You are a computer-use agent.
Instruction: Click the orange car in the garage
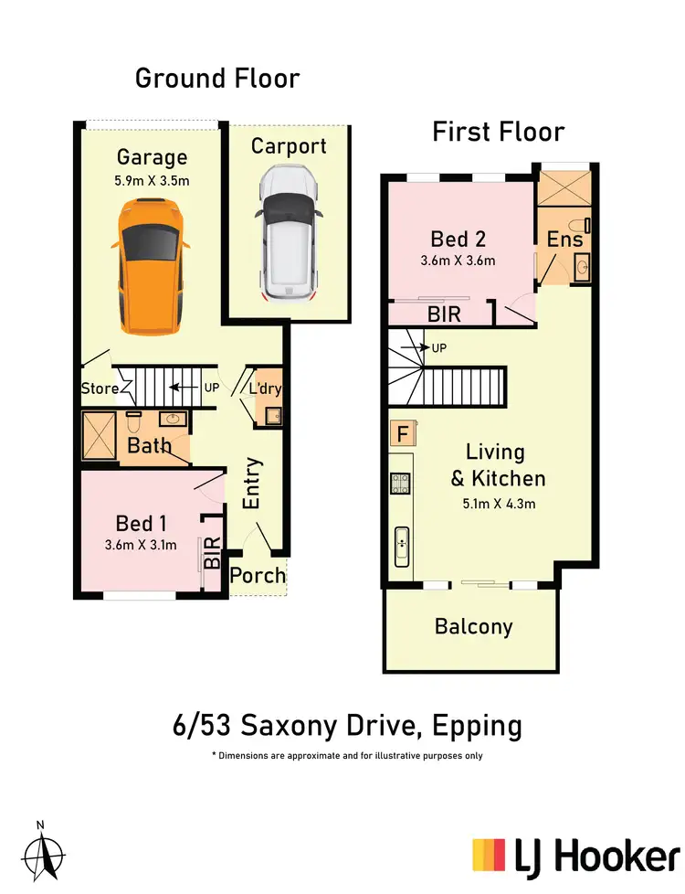pos(151,269)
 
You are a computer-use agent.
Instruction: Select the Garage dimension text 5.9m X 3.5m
pos(151,180)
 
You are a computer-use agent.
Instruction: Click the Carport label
pos(289,146)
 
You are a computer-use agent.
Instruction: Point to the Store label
pos(100,388)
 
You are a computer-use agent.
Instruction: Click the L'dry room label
pos(264,388)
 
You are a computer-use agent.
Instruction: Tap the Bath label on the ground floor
pos(150,447)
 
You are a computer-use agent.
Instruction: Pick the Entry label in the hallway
pos(252,484)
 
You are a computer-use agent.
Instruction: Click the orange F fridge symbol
pos(399,433)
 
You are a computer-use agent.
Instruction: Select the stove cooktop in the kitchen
pos(399,484)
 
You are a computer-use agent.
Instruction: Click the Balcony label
pos(473,627)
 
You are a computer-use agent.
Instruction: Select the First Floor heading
pos(498,132)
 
